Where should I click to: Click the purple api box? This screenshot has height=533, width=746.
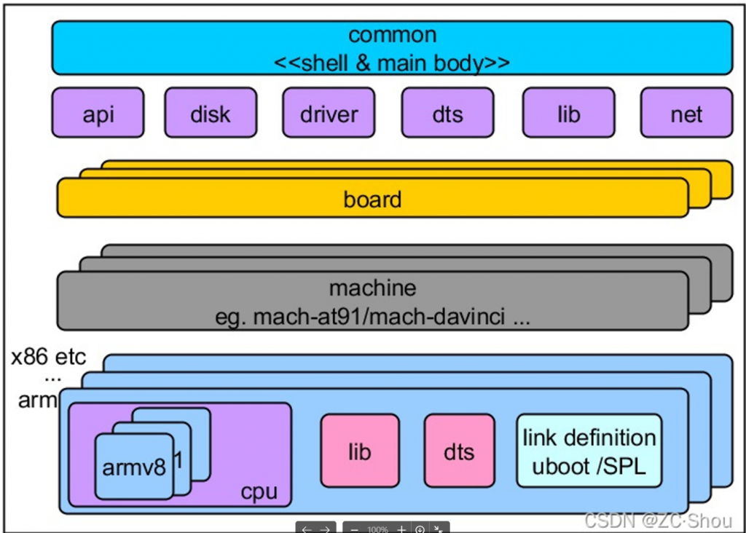click(98, 113)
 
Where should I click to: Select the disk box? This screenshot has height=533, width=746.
click(210, 113)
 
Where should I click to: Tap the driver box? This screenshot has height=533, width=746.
click(329, 113)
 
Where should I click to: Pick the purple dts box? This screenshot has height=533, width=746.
click(447, 113)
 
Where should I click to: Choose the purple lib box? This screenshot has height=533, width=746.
click(568, 113)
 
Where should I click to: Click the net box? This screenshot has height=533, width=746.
click(686, 113)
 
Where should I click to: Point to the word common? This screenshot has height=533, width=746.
click(392, 35)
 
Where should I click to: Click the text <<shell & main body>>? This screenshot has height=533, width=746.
click(392, 62)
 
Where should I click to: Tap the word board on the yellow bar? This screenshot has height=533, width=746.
click(372, 199)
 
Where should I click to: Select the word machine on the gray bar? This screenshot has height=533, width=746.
click(372, 288)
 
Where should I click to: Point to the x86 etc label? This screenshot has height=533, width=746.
click(48, 358)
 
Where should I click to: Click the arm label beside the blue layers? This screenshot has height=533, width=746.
click(37, 400)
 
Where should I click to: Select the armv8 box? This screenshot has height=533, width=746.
click(134, 467)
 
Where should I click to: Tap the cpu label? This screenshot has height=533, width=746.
click(259, 491)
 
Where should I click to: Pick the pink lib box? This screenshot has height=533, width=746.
click(360, 451)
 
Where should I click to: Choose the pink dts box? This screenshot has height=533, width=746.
click(459, 451)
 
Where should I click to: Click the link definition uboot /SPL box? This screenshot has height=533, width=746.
click(589, 451)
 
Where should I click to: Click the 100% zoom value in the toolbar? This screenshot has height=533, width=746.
click(377, 529)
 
